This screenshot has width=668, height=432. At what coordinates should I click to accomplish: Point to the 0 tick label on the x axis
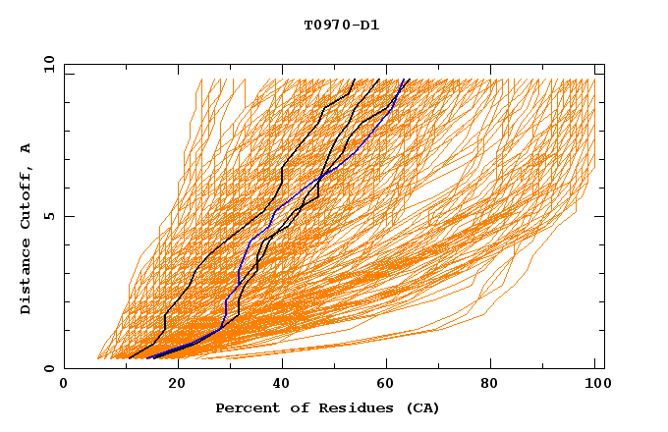[x=65, y=385]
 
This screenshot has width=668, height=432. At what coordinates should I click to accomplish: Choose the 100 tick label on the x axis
[x=596, y=385]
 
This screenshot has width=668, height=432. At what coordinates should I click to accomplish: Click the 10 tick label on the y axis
[x=48, y=64]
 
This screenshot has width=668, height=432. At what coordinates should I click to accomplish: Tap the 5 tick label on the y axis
[x=48, y=216]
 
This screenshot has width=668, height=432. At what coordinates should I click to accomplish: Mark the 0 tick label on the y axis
[x=48, y=368]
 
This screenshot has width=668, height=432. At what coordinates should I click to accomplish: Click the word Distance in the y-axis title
[x=27, y=277]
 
